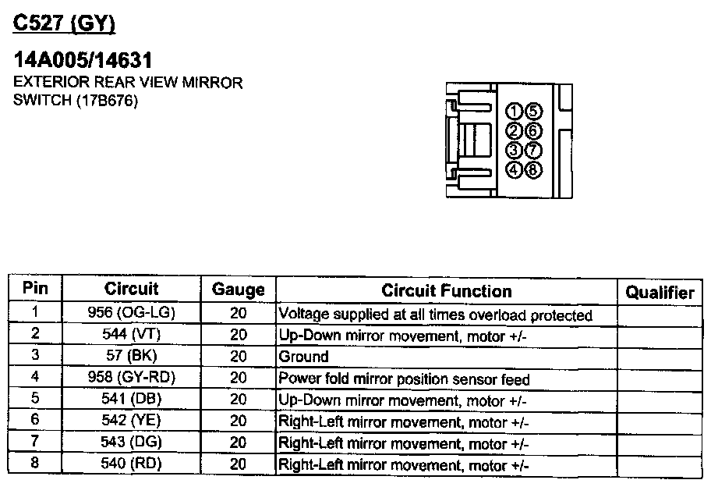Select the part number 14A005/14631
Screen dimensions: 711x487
click(83, 61)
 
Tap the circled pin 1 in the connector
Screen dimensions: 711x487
click(515, 111)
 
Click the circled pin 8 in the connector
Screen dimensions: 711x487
click(534, 169)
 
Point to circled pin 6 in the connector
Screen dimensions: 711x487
click(534, 130)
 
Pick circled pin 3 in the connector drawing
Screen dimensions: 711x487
click(515, 150)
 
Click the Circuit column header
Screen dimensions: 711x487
click(131, 290)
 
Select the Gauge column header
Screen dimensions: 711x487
click(238, 290)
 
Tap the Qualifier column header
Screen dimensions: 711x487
click(660, 293)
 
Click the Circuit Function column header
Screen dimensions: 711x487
click(447, 291)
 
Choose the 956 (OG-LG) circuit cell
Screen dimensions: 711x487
click(132, 314)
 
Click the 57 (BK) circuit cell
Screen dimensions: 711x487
click(132, 357)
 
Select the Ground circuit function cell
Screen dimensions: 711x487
click(304, 357)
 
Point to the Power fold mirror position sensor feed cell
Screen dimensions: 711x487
click(404, 380)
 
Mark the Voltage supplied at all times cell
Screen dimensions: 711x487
click(435, 315)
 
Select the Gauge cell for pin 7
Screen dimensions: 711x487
click(239, 443)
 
